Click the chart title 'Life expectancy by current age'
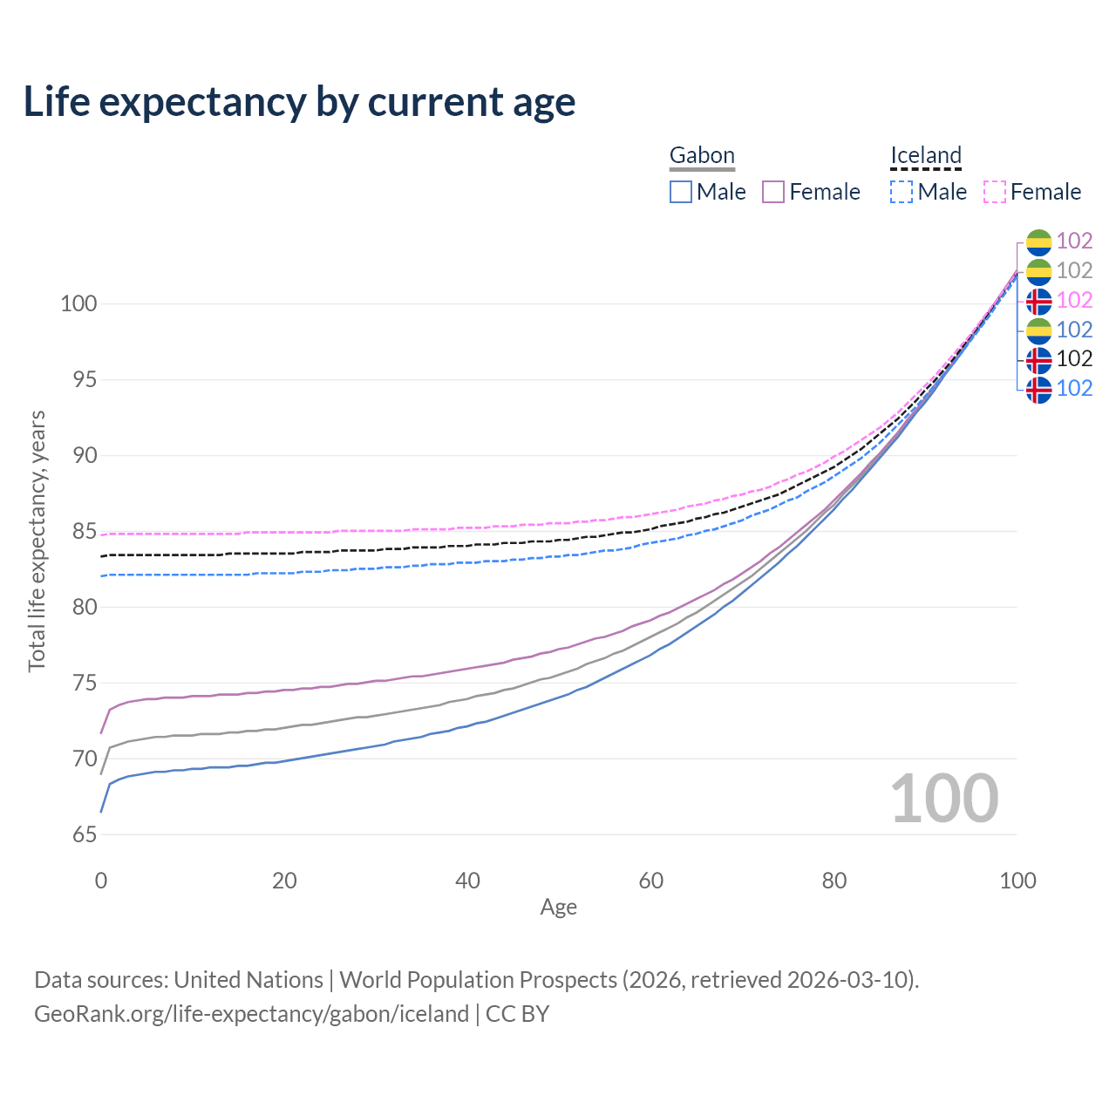pyautogui.click(x=299, y=102)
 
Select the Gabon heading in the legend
pyautogui.click(x=702, y=155)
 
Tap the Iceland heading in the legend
pyautogui.click(x=925, y=155)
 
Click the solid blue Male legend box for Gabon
pyautogui.click(x=681, y=192)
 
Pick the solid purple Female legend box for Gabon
pyautogui.click(x=774, y=192)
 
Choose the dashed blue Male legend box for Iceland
pyautogui.click(x=902, y=192)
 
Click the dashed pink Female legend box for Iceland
pyautogui.click(x=995, y=192)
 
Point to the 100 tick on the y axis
pyautogui.click(x=78, y=304)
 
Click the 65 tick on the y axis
pyautogui.click(x=85, y=834)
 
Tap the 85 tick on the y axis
pyautogui.click(x=85, y=531)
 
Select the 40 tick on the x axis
pyautogui.click(x=467, y=881)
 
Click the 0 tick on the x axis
pyautogui.click(x=101, y=881)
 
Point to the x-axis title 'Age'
pyautogui.click(x=558, y=908)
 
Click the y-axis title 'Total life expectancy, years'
pyautogui.click(x=37, y=541)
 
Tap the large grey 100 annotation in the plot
pyautogui.click(x=944, y=799)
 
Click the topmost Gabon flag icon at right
pyautogui.click(x=1038, y=242)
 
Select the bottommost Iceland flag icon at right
pyautogui.click(x=1038, y=389)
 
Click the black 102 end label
pyautogui.click(x=1074, y=358)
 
